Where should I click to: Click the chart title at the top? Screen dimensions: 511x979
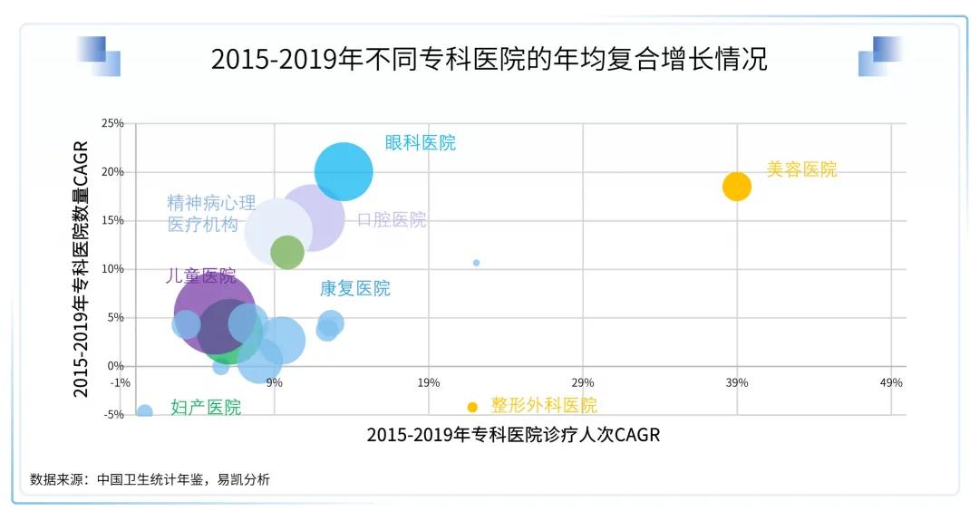click(489, 60)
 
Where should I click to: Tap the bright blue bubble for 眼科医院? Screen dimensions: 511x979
click(344, 171)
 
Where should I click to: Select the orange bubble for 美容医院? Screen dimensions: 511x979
click(737, 186)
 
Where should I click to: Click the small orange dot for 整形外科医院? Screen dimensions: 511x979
click(472, 407)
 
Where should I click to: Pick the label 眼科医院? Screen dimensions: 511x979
click(420, 143)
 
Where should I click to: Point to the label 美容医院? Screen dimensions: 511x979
click(801, 169)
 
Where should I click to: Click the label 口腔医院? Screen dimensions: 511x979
click(391, 220)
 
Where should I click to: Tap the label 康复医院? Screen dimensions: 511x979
click(354, 288)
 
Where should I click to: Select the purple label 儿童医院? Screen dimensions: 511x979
click(200, 275)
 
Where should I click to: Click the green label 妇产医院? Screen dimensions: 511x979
click(206, 408)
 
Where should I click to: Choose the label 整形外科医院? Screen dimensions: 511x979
click(544, 406)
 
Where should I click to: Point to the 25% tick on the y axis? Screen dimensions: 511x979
click(112, 123)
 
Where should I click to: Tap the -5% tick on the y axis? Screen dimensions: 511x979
click(112, 415)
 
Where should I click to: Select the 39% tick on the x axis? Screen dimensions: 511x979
click(737, 382)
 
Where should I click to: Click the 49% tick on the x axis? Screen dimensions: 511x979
click(891, 382)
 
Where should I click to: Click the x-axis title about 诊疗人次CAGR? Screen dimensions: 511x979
click(513, 435)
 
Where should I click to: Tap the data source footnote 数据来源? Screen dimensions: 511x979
click(150, 479)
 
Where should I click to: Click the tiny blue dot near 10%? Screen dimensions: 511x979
click(476, 263)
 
